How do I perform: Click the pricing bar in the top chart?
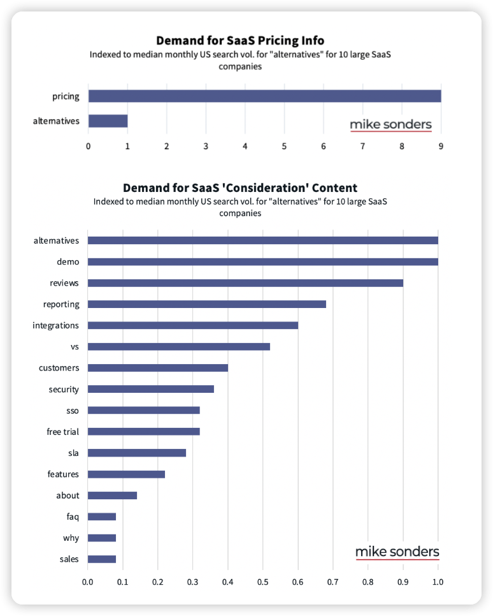pos(264,96)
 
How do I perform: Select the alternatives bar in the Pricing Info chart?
pos(108,121)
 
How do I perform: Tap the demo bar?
pos(262,261)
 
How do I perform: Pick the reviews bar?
pos(245,282)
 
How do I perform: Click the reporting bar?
pos(206,304)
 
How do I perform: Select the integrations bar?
pos(192,325)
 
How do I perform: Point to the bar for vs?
pos(178,346)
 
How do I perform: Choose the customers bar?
pos(157,368)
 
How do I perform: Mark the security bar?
pos(150,389)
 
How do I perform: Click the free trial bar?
pos(143,432)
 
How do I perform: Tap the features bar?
pos(126,474)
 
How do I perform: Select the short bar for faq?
pos(101,517)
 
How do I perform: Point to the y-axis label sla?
pos(73,453)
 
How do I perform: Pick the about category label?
pos(68,495)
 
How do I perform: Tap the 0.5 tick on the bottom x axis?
pos(262,582)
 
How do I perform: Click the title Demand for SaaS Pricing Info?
pos(240,41)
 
